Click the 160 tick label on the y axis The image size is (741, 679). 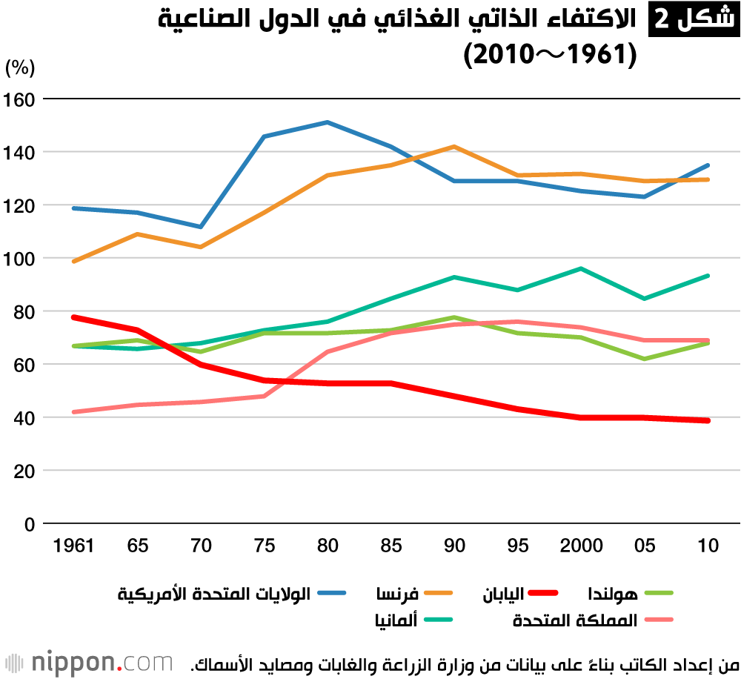coord(19,99)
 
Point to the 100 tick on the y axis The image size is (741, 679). coord(19,259)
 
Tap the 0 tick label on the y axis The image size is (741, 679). coord(29,524)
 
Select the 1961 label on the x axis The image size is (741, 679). coord(74,546)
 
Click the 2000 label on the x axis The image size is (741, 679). coord(581,546)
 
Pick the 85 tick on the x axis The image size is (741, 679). coord(391,546)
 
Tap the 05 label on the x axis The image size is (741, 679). coord(645,546)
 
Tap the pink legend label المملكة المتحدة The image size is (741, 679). coord(575,620)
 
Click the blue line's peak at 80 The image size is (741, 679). coord(328,122)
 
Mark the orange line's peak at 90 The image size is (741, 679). coord(454,147)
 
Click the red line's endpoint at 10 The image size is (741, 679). coord(708,420)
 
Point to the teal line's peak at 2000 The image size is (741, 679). coord(581,268)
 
